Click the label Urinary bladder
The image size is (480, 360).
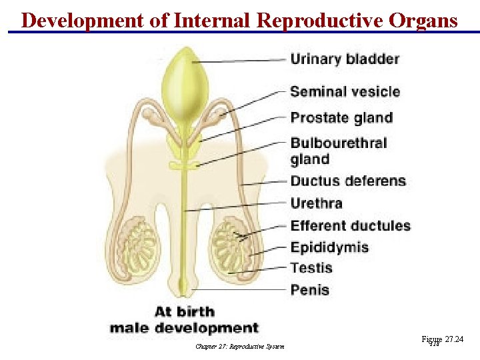tap(345, 59)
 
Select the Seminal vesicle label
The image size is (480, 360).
tap(345, 92)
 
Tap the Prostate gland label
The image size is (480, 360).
tap(341, 118)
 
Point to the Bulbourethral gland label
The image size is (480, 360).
tap(338, 151)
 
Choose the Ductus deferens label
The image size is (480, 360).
tap(348, 181)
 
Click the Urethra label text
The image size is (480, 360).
tap(316, 203)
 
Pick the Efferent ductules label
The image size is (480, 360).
tap(350, 225)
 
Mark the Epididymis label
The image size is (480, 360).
tap(329, 247)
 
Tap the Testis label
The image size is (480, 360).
tap(311, 268)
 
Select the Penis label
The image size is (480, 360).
tap(309, 289)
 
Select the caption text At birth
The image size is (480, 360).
tap(185, 311)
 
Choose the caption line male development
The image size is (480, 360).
tap(183, 328)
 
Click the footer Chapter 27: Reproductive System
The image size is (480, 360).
tap(240, 346)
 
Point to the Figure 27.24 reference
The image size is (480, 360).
tap(442, 340)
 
